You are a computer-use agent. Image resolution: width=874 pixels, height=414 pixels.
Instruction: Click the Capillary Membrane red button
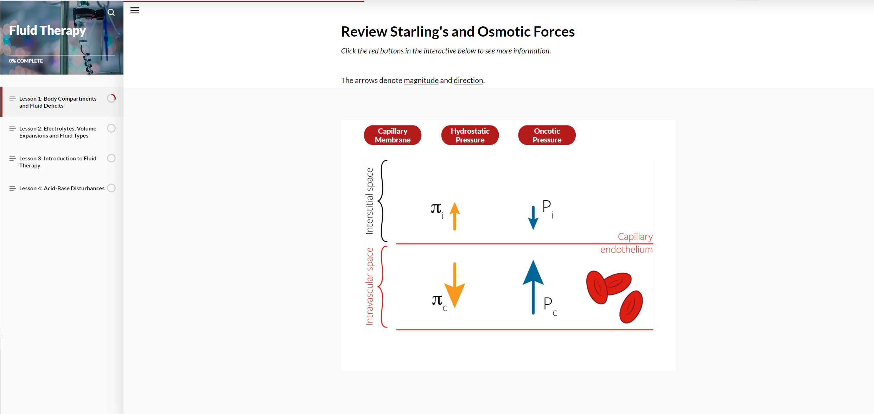pyautogui.click(x=393, y=135)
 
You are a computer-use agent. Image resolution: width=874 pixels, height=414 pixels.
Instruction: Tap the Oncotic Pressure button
pyautogui.click(x=547, y=135)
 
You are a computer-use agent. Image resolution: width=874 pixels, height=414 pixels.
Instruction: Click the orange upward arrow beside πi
pyautogui.click(x=454, y=216)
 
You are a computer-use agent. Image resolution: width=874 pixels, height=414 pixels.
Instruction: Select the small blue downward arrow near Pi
pyautogui.click(x=533, y=218)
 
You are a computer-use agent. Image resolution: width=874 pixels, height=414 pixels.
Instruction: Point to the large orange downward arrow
pyautogui.click(x=454, y=285)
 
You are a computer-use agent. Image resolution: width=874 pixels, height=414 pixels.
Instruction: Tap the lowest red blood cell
pyautogui.click(x=631, y=307)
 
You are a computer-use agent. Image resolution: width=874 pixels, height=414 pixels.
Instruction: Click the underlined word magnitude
pyautogui.click(x=421, y=81)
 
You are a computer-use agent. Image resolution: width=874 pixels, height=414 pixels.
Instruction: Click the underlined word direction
pyautogui.click(x=468, y=81)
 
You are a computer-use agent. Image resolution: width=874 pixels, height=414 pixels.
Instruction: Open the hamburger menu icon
pyautogui.click(x=135, y=11)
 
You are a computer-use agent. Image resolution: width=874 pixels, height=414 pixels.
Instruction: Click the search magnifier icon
pyautogui.click(x=111, y=13)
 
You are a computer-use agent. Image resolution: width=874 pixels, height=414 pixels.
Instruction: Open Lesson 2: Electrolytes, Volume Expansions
pyautogui.click(x=58, y=132)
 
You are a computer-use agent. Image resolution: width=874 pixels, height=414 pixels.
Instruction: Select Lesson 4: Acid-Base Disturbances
pyautogui.click(x=62, y=189)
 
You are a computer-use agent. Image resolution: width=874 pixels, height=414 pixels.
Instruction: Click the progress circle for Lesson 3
pyautogui.click(x=111, y=158)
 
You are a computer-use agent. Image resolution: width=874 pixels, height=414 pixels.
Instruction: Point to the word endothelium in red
pyautogui.click(x=626, y=250)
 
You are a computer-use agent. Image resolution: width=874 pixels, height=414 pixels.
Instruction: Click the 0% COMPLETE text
pyautogui.click(x=26, y=61)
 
